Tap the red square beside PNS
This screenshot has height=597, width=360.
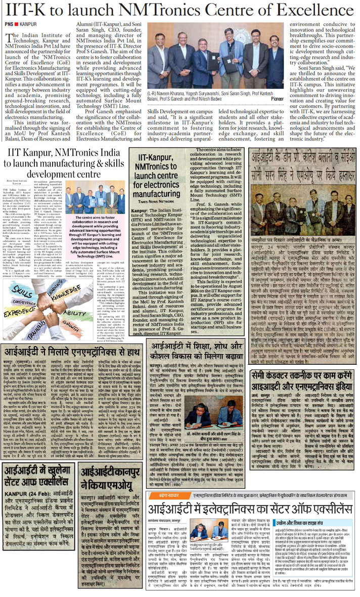(x=20, y=24)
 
